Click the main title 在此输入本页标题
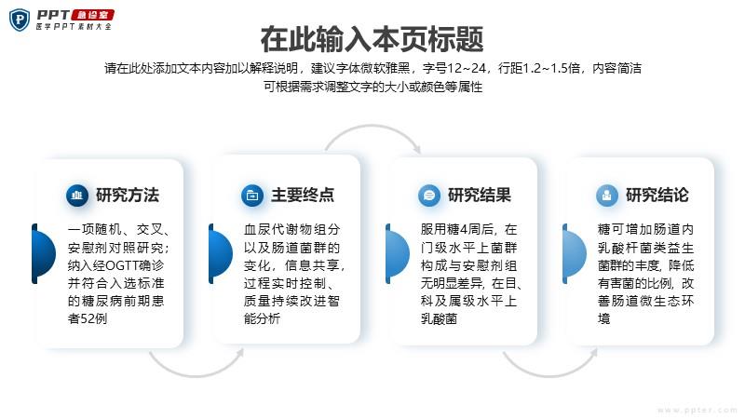(372, 39)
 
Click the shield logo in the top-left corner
(20, 20)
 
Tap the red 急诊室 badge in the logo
(92, 15)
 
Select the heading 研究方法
(128, 195)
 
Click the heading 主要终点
(303, 195)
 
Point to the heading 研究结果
(480, 195)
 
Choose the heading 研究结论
(657, 195)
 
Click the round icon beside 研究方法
(77, 196)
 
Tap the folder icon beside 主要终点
(252, 196)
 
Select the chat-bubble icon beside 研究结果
(429, 196)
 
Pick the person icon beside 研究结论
(607, 196)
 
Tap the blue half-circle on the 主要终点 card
(221, 253)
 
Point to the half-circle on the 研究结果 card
(398, 253)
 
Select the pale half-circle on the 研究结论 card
(574, 253)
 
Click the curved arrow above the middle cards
(372, 126)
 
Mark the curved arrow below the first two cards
(196, 376)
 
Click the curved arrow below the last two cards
(549, 376)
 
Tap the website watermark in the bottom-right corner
(697, 410)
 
